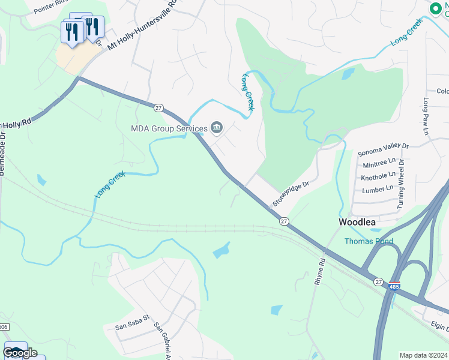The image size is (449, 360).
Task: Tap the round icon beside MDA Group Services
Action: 217,127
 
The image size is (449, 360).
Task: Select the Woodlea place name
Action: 357,222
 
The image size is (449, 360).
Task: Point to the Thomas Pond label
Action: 369,241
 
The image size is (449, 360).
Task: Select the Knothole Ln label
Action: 379,177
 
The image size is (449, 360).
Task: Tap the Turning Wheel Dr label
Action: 401,184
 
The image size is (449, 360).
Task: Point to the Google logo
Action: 20,353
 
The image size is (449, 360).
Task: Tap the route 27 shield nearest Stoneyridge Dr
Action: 284,221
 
